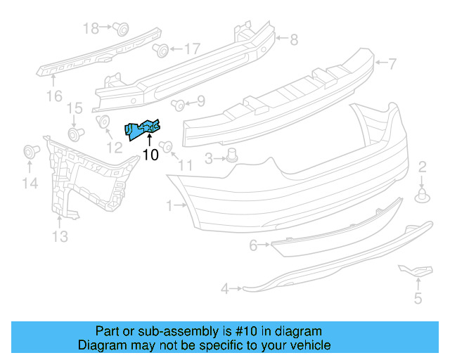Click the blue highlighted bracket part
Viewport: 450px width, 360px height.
point(143,128)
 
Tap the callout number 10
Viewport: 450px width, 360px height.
point(150,155)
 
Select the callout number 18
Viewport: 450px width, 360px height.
point(91,28)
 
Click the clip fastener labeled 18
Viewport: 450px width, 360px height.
point(121,29)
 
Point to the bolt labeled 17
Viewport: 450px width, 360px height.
point(160,50)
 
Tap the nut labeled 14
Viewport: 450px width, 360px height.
point(30,150)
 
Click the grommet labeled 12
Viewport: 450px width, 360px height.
point(102,122)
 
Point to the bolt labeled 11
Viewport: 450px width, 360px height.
point(167,146)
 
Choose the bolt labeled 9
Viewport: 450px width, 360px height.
point(178,105)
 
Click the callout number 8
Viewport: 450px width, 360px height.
point(294,39)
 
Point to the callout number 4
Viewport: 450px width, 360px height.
point(225,288)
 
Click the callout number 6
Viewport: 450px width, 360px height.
point(253,245)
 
